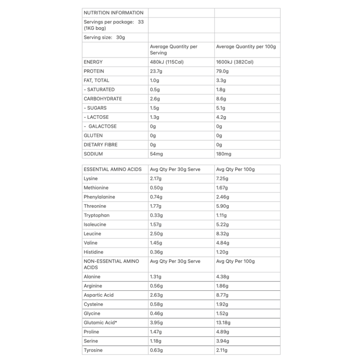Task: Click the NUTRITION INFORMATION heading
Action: (x=113, y=13)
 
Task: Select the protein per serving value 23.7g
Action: (x=157, y=71)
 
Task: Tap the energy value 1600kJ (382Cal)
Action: (x=235, y=62)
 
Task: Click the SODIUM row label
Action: (x=93, y=154)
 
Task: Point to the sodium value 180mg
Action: (x=224, y=154)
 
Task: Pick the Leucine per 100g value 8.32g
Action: (x=223, y=233)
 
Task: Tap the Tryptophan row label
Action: (x=97, y=215)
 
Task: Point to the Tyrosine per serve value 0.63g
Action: (x=157, y=350)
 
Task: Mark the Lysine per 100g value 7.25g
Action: (x=223, y=178)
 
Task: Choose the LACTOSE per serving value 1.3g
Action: (x=155, y=117)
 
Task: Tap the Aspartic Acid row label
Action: (x=99, y=295)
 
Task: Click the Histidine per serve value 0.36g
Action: (x=157, y=252)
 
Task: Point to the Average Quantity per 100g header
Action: (x=246, y=47)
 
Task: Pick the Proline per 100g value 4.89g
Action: (x=223, y=332)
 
